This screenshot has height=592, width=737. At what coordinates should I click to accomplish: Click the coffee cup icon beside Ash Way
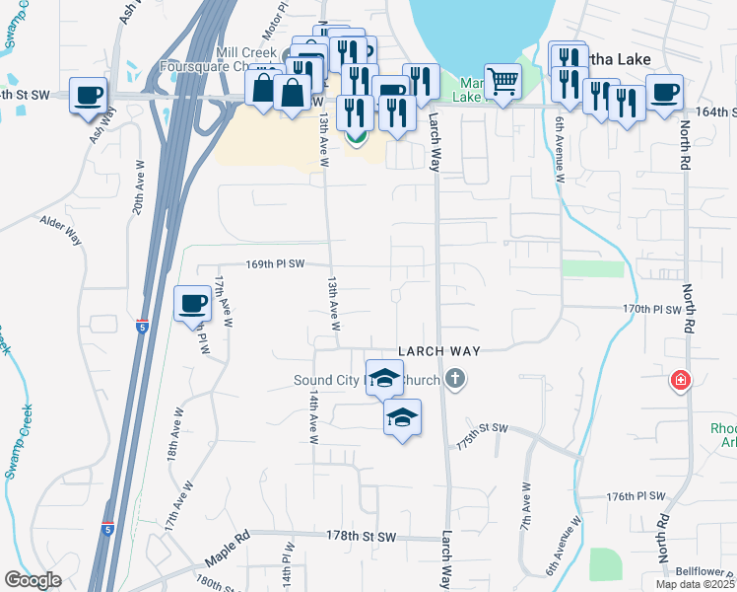(89, 96)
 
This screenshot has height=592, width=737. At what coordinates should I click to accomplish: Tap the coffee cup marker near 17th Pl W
(192, 303)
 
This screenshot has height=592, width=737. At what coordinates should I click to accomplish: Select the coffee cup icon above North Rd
(665, 92)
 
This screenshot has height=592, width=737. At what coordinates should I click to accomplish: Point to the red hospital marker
(679, 380)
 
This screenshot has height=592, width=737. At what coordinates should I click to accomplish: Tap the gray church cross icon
(454, 377)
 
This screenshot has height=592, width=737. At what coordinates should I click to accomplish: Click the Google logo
(33, 580)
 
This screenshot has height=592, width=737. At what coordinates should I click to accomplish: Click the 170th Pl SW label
(652, 310)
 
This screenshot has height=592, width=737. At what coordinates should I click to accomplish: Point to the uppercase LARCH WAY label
(438, 351)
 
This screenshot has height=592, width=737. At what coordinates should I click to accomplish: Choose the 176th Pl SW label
(636, 496)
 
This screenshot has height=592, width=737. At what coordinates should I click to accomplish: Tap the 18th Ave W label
(173, 432)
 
